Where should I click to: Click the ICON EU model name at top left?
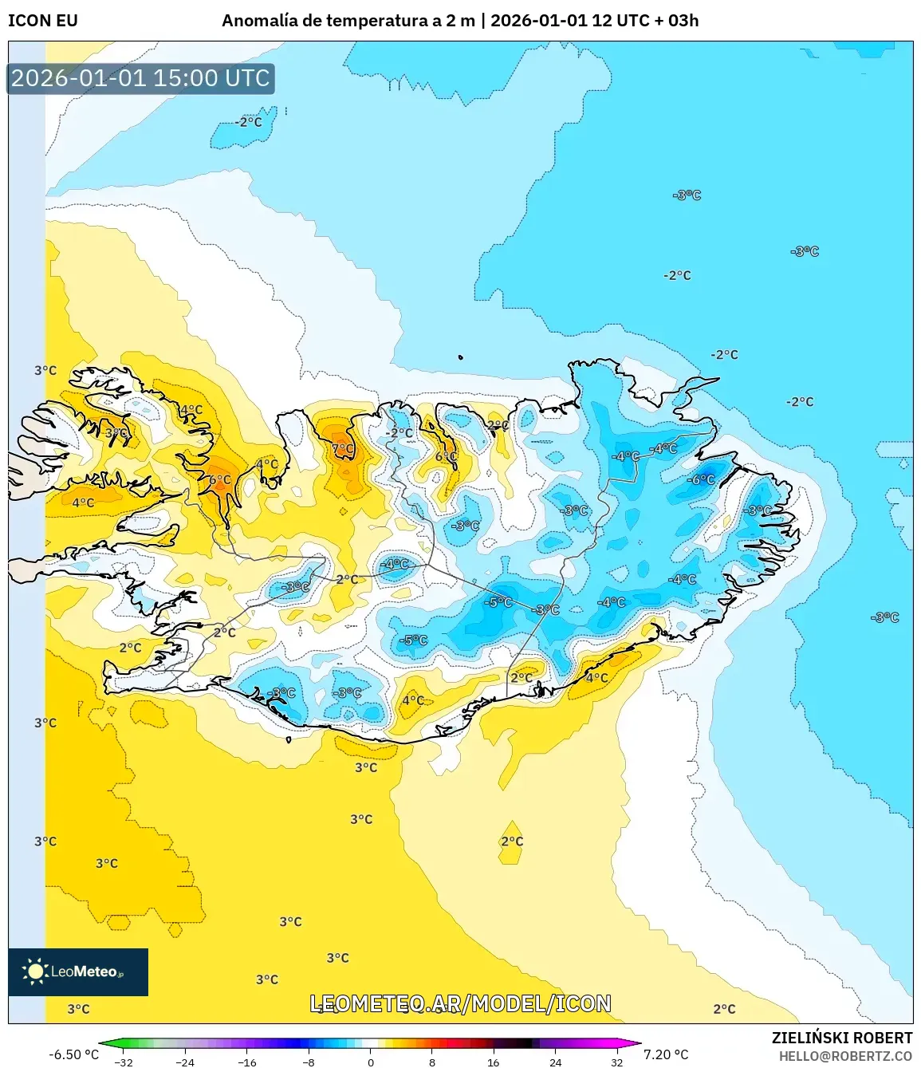click(43, 21)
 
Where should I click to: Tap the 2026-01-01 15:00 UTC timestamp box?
click(140, 78)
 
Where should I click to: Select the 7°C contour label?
click(343, 449)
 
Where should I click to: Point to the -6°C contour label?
click(702, 480)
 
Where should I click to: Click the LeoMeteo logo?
click(78, 971)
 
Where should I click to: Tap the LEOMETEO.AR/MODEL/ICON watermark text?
click(460, 1003)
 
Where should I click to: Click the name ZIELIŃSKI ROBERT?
click(841, 1038)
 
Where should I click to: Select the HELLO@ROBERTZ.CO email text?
click(845, 1056)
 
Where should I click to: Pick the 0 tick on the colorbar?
click(370, 1062)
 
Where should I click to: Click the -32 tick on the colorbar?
click(124, 1062)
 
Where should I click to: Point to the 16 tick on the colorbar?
click(494, 1062)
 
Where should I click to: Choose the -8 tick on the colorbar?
click(309, 1062)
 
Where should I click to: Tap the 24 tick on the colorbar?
click(555, 1062)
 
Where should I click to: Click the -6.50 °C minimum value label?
click(74, 1054)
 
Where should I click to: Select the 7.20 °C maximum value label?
click(666, 1054)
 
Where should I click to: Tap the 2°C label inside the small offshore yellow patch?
click(512, 841)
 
